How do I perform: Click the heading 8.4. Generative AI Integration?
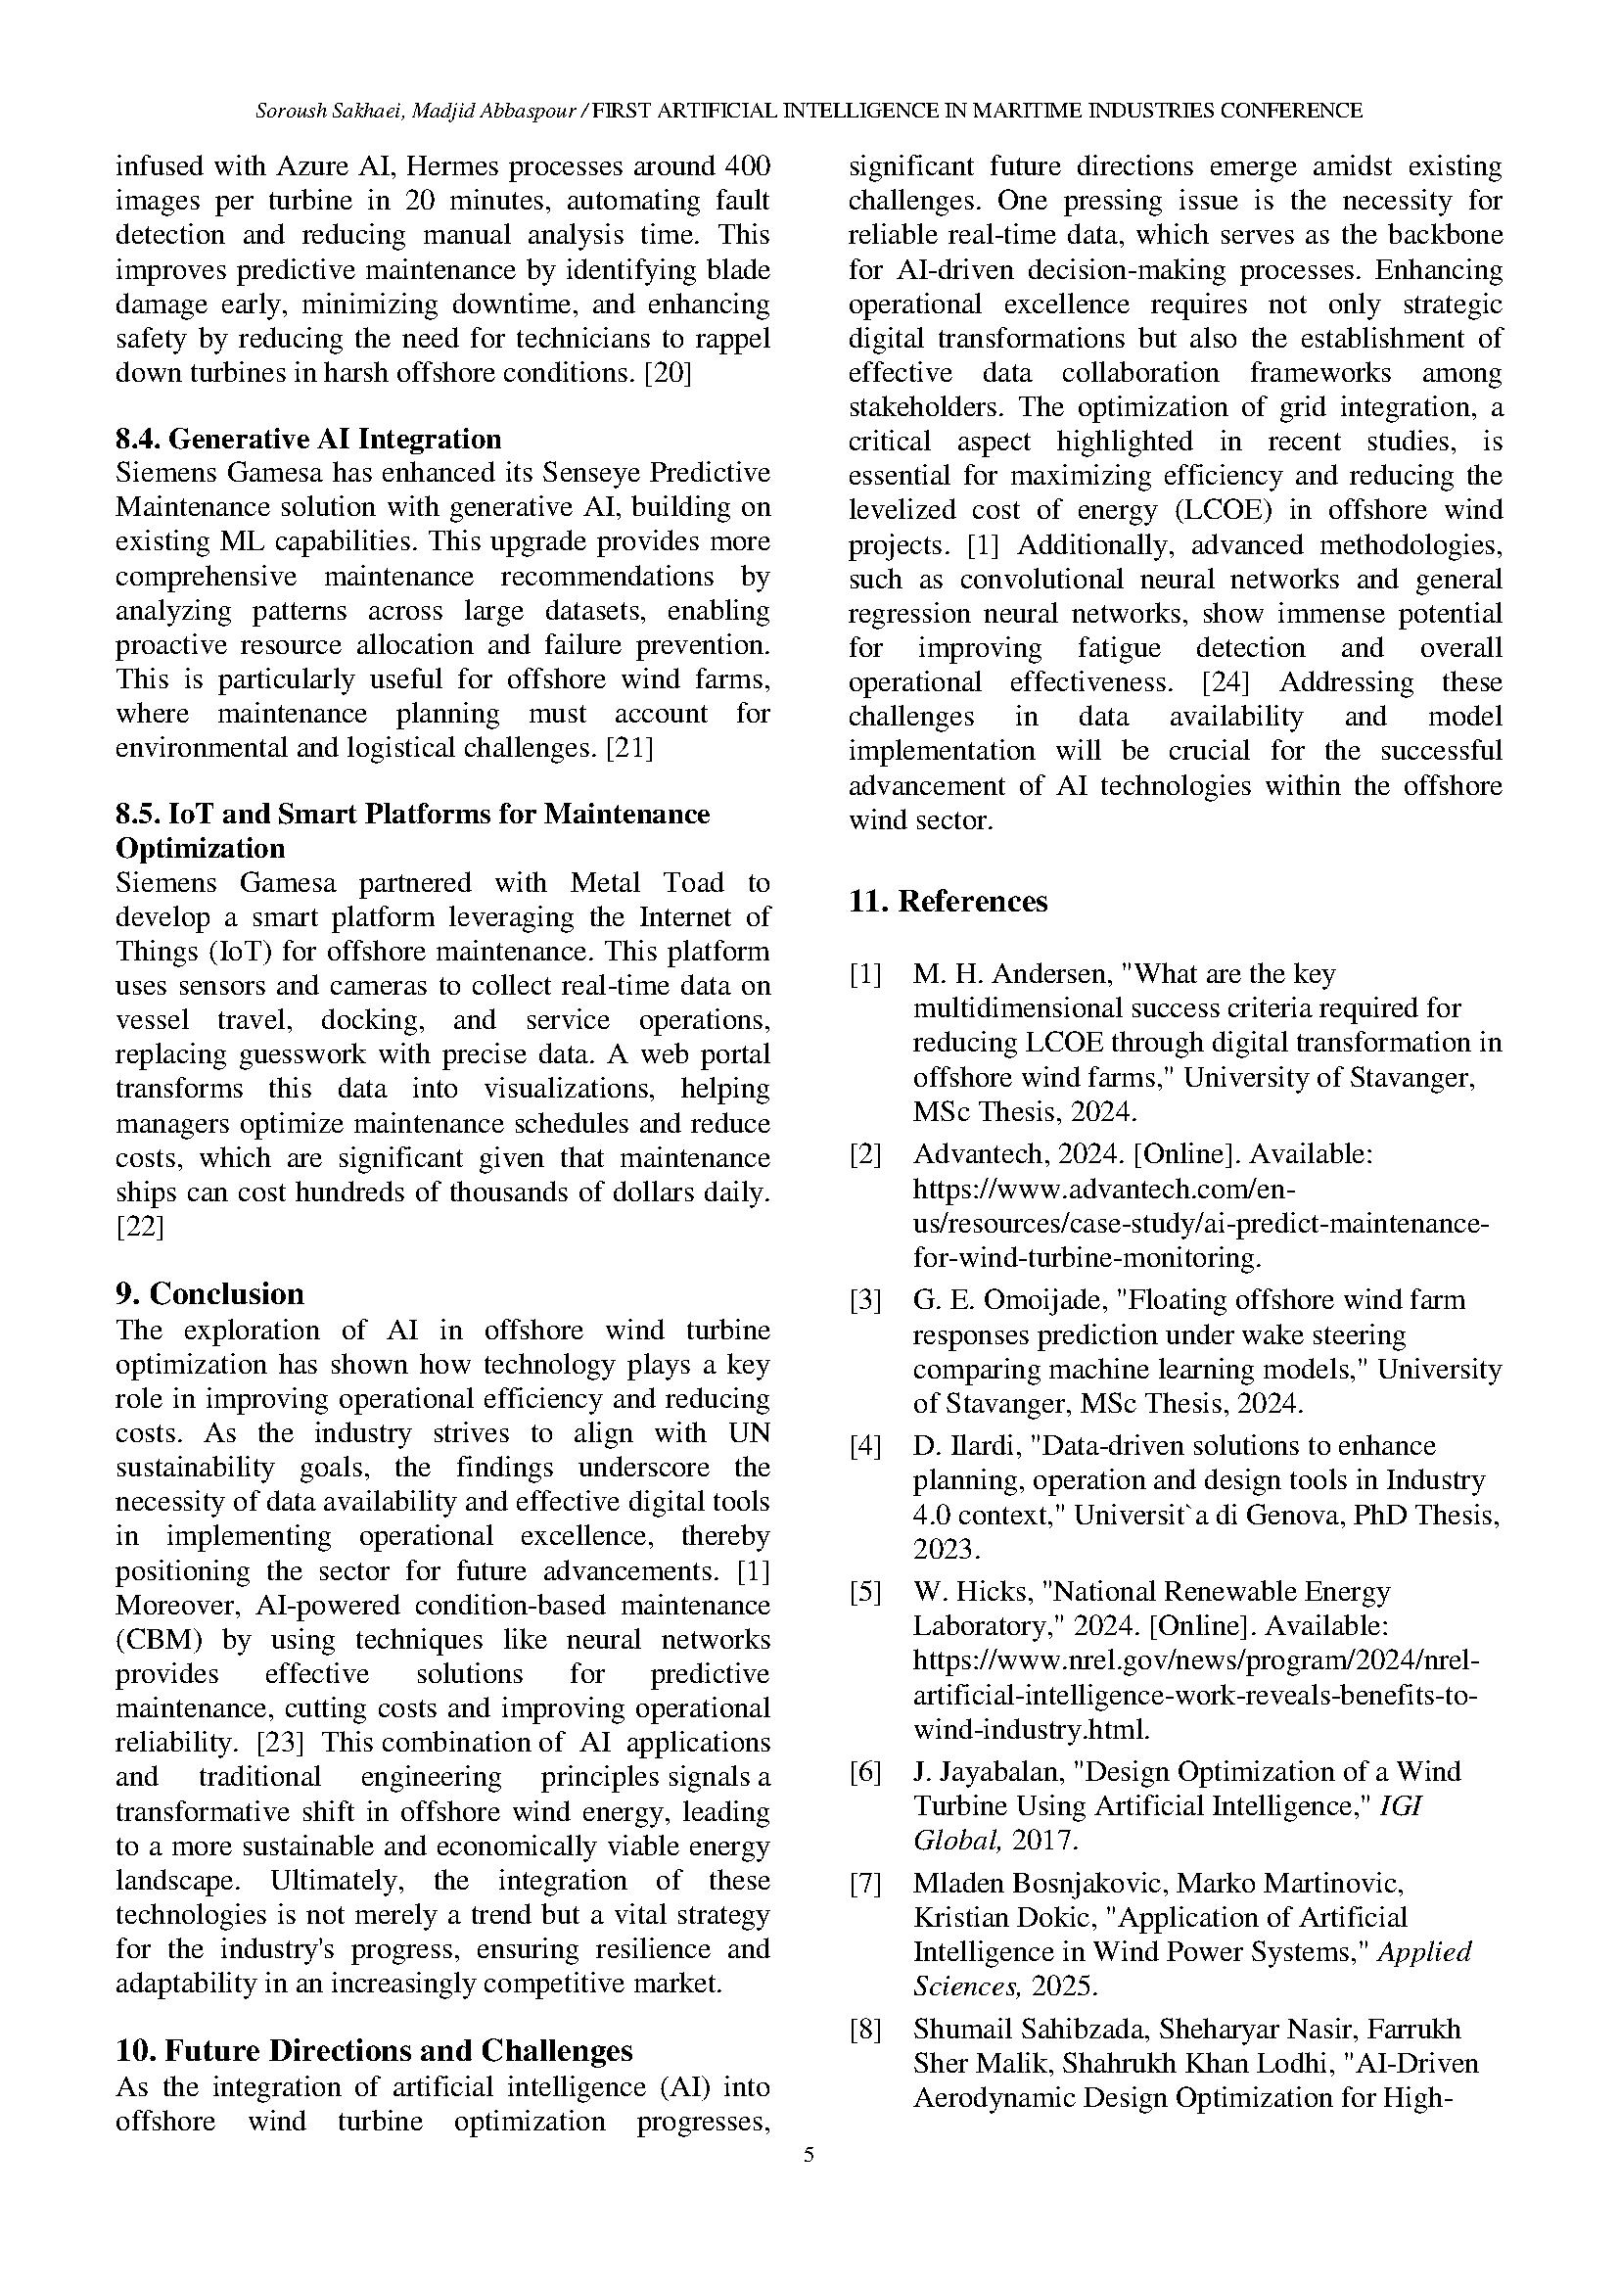click(x=308, y=439)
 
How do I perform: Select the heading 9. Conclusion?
click(x=209, y=1293)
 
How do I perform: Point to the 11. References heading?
click(x=948, y=902)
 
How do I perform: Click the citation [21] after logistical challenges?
click(x=629, y=748)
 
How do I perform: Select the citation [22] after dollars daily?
click(x=140, y=1226)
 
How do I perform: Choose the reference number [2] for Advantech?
click(x=865, y=1154)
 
